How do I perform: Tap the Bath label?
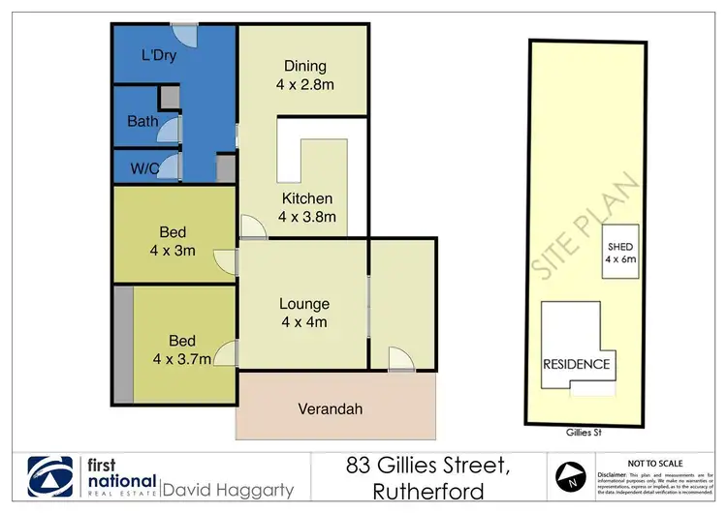(142, 122)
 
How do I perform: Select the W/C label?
(145, 167)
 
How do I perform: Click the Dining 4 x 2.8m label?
(304, 75)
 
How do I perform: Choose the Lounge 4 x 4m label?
(305, 313)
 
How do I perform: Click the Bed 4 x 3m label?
(174, 242)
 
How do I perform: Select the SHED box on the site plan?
(619, 252)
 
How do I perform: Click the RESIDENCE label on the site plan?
(576, 364)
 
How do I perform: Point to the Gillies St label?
(581, 433)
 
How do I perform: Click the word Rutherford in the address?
(429, 492)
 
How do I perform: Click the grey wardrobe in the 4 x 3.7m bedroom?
(122, 344)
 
